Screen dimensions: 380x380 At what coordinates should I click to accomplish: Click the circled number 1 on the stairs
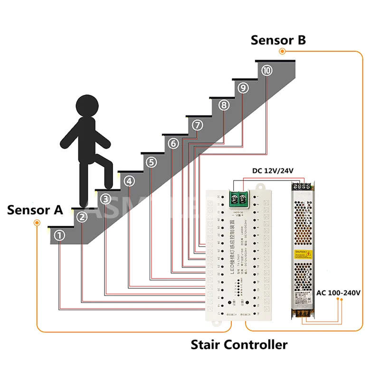coord(59,235)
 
